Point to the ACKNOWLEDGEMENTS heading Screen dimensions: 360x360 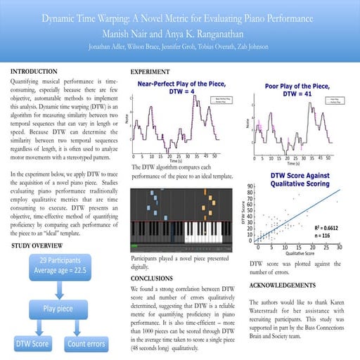291,287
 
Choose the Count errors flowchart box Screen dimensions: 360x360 87,344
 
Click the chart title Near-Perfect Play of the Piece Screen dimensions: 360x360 180,85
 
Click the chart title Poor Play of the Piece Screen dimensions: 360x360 301,89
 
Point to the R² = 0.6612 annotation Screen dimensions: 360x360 327,229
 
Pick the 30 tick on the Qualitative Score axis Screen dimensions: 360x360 339,247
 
